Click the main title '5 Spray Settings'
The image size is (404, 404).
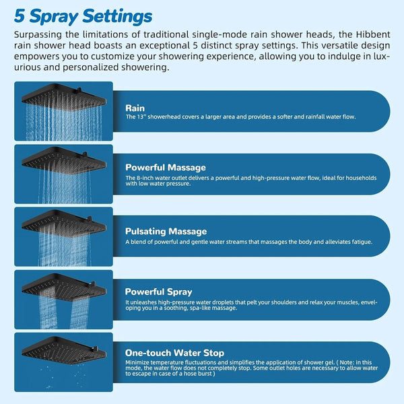(x=83, y=15)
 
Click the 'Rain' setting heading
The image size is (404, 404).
(x=135, y=107)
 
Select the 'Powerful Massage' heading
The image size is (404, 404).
(x=166, y=167)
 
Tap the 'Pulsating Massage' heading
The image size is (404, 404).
(x=166, y=230)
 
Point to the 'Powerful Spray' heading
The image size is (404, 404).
(x=159, y=292)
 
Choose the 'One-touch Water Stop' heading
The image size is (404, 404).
(x=175, y=352)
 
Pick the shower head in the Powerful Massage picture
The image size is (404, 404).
(x=65, y=160)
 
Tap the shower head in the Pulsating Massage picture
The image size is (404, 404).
(x=65, y=223)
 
